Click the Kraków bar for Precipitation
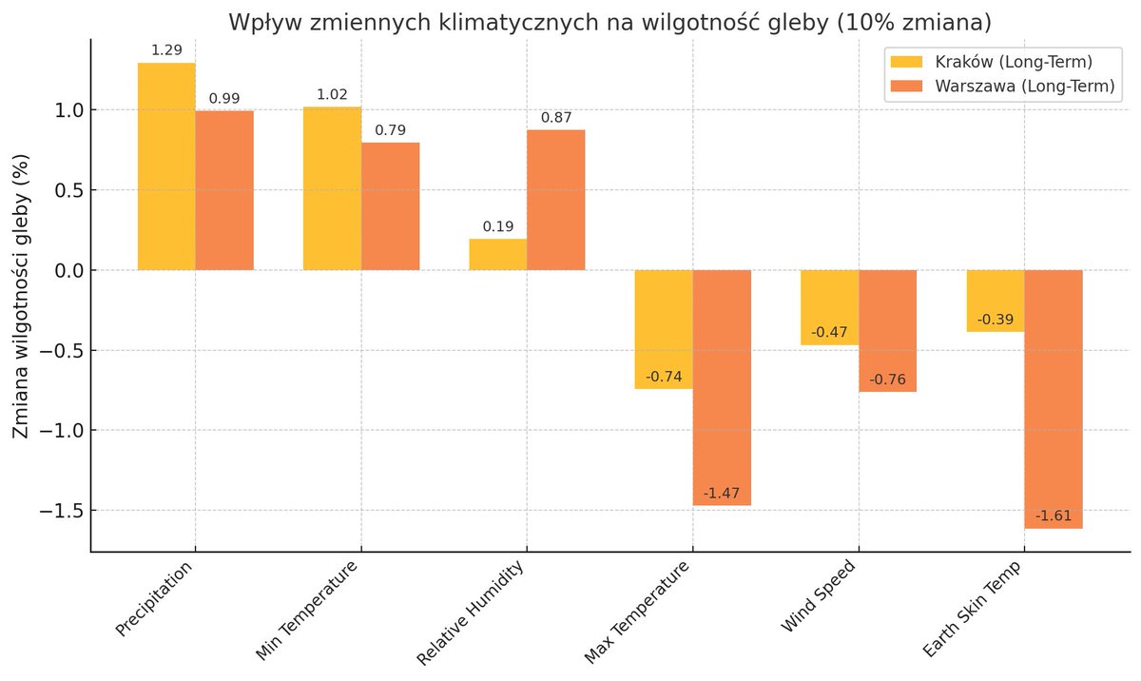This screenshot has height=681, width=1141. [166, 166]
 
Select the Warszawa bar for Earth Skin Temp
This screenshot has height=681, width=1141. [1054, 399]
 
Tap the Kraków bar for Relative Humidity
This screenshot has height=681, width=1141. [498, 254]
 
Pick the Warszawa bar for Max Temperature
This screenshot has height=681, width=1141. [722, 387]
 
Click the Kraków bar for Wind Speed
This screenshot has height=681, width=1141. [829, 307]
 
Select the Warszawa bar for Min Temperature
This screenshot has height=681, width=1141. [390, 206]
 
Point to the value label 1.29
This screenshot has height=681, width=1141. [166, 49]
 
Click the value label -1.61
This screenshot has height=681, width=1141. [1054, 516]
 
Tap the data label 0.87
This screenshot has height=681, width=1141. [556, 117]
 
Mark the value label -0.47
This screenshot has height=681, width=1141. [829, 333]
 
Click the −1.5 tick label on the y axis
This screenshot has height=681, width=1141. [58, 511]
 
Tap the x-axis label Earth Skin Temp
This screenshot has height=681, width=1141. [974, 608]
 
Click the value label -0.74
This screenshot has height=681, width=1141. [664, 377]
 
